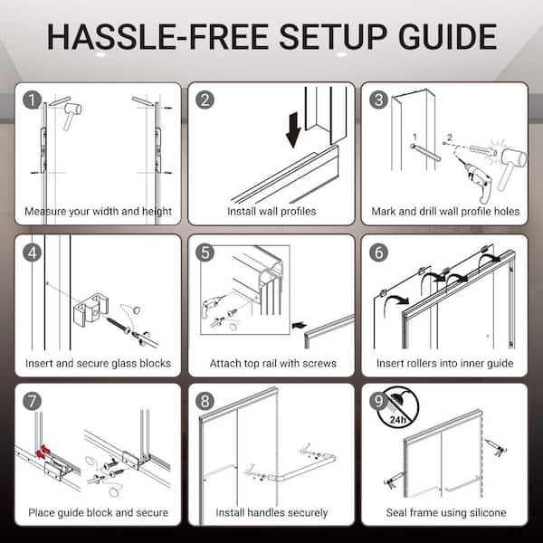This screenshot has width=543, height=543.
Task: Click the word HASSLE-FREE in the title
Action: coord(157,37)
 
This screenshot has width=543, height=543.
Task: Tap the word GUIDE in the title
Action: coord(447,37)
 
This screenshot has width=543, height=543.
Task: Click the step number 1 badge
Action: coord(33,100)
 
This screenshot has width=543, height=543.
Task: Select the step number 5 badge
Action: coord(205,252)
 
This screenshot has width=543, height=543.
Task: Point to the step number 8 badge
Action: coord(205,401)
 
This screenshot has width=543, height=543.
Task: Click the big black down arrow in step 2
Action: coord(293,129)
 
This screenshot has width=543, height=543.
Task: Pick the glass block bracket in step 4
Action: coord(90,310)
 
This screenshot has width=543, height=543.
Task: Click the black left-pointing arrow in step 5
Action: coord(300,325)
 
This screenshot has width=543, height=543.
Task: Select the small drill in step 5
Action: coord(211,305)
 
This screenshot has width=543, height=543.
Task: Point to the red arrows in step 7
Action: coord(43,452)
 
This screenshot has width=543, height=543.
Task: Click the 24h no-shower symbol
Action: coord(398,407)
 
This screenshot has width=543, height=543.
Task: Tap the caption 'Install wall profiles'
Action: coord(271,211)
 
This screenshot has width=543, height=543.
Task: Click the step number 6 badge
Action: coord(378,252)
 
